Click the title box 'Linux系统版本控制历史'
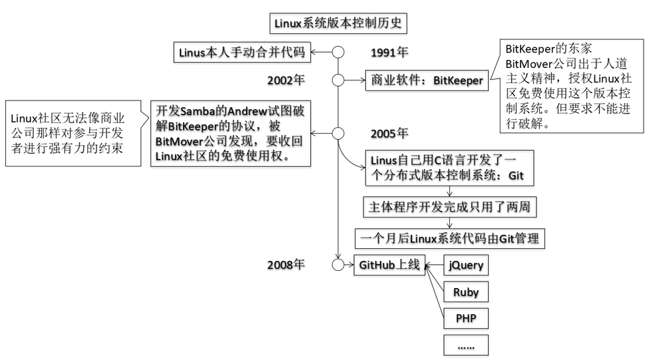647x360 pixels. click(338, 23)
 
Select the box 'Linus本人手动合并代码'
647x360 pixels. click(243, 51)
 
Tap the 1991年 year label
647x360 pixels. click(390, 53)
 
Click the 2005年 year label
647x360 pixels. click(390, 133)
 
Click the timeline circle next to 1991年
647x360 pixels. click(338, 52)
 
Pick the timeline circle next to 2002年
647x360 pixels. click(338, 81)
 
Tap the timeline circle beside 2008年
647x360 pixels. click(338, 265)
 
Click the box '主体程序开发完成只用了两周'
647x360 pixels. click(449, 207)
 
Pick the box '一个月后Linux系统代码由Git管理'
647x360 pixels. click(449, 238)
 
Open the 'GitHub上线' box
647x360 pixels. click(389, 265)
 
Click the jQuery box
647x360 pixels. click(466, 266)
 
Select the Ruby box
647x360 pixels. click(466, 291)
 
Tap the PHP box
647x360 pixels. click(466, 317)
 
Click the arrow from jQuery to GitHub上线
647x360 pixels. click(433, 266)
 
